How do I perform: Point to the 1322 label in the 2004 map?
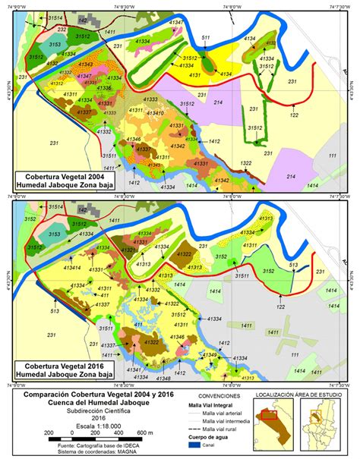[x=245, y=163]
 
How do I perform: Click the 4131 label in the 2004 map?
[x=195, y=75]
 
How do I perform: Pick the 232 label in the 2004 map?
[x=39, y=27]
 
